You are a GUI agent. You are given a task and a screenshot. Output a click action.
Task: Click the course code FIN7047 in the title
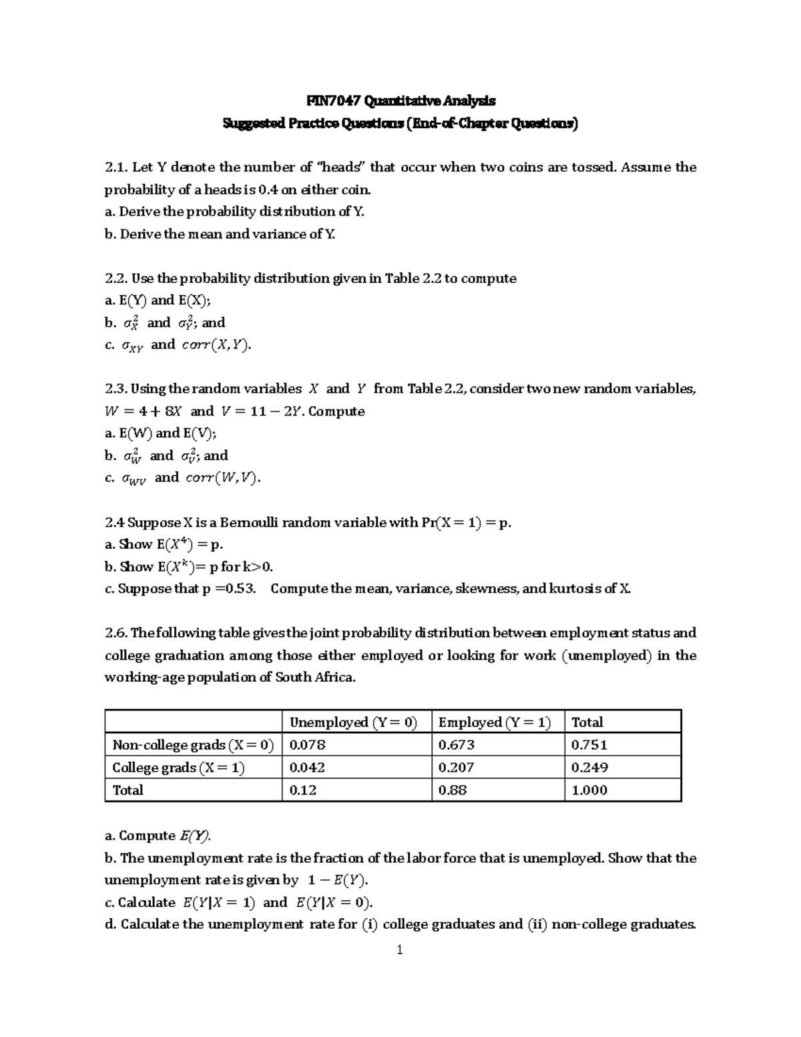pos(332,101)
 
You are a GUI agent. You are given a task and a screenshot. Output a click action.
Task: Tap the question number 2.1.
pos(116,167)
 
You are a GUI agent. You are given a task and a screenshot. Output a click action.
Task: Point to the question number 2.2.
pos(116,278)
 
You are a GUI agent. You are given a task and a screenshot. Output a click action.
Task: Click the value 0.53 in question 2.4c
pos(239,588)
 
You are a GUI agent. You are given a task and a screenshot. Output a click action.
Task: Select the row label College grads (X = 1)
pos(178,767)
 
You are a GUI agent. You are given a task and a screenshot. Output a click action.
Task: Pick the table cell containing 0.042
pos(307,767)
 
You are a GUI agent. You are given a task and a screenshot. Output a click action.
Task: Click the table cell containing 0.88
pos(452,790)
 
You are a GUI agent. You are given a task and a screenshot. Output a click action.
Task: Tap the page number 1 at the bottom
pos(400,950)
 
